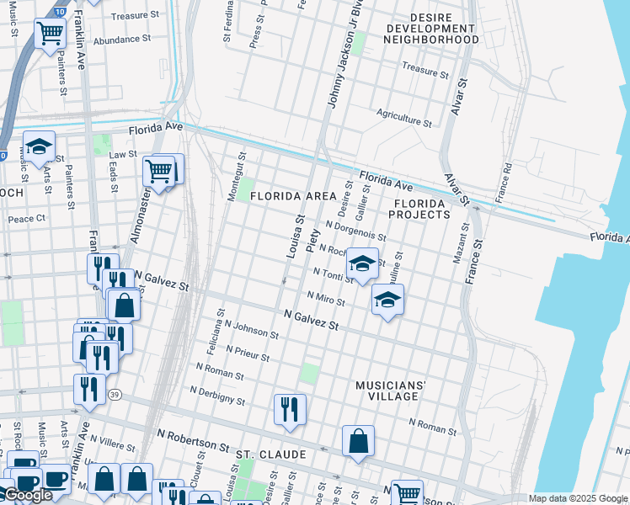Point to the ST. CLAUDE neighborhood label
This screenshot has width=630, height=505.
270,454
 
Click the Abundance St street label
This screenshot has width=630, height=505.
121,39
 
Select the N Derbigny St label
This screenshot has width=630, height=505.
217,396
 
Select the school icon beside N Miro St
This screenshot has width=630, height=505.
387,300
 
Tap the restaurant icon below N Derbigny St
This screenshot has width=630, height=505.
289,410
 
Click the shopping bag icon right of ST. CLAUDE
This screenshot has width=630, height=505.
358,441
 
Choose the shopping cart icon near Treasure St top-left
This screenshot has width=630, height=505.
50,34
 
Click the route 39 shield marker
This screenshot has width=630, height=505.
115,394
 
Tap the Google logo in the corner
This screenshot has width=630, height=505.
27,495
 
